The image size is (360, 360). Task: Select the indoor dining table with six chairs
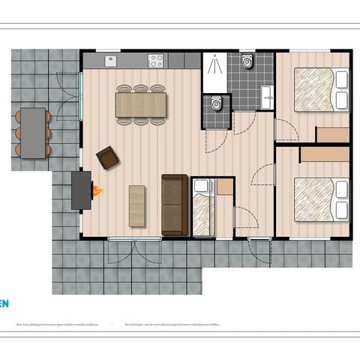(x=140, y=104)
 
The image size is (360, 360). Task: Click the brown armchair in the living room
(x=107, y=157)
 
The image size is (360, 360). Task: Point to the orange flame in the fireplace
(x=97, y=191)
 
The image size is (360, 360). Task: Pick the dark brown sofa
(x=174, y=204)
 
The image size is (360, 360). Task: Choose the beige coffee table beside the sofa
(x=137, y=205)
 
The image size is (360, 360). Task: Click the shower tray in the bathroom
(x=214, y=73)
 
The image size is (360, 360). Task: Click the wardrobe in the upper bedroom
(x=332, y=134)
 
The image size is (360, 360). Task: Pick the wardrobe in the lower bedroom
(x=325, y=153)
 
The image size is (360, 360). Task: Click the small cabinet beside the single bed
(x=224, y=187)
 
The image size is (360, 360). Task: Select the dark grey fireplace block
(x=80, y=190)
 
